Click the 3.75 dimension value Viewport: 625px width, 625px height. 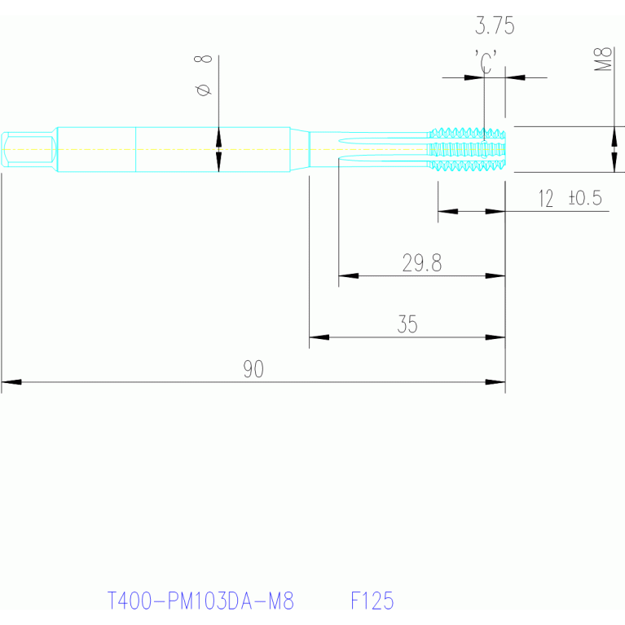[495, 26]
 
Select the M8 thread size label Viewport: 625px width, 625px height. [603, 59]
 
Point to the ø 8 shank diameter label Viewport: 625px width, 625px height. [203, 76]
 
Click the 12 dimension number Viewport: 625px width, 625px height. [546, 199]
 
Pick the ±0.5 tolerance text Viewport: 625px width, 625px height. [585, 198]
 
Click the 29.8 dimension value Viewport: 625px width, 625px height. [422, 262]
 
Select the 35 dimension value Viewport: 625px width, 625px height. [407, 324]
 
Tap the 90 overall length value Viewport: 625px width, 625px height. [253, 369]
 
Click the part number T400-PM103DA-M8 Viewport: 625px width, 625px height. [201, 601]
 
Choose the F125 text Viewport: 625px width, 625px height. [372, 601]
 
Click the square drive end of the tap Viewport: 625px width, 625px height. [29, 149]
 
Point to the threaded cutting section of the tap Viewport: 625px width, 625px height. [467, 149]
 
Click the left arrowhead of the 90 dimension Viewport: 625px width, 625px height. [11, 382]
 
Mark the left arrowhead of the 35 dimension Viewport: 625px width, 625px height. [319, 337]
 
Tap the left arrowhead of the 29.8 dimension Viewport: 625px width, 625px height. [349, 275]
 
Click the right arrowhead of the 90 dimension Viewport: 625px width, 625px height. [495, 382]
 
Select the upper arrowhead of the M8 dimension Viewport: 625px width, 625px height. [614, 136]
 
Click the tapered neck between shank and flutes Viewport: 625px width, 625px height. [300, 149]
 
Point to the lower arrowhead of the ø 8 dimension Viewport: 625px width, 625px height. [218, 162]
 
